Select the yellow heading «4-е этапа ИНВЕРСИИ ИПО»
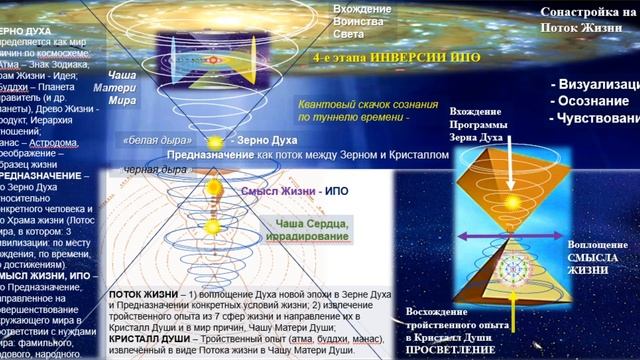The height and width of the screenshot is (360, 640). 368,57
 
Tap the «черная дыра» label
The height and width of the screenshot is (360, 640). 151,168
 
